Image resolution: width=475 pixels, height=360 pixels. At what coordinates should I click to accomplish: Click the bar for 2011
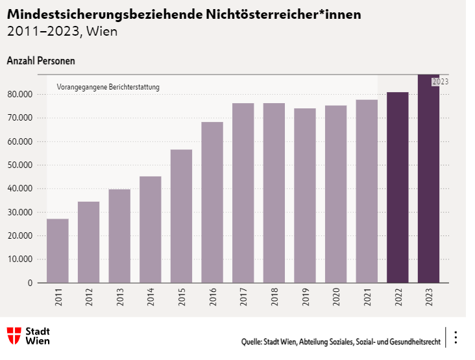point(58,250)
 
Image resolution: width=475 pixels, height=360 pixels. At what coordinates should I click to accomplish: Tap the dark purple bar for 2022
point(398,187)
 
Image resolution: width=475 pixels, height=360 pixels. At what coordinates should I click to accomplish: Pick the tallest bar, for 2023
point(428,182)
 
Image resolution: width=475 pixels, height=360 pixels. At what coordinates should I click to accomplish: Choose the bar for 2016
point(212,202)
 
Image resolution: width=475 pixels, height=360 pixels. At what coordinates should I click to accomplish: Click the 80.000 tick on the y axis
point(19,95)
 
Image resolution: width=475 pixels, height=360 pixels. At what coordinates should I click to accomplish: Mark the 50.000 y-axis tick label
point(19,165)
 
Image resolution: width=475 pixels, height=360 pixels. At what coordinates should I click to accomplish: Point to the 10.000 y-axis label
point(19,259)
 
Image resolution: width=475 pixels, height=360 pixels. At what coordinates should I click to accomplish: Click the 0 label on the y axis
point(30,283)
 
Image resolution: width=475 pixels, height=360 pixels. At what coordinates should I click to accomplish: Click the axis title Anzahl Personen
point(41,61)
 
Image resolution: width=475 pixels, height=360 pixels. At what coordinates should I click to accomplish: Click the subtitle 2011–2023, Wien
point(62,31)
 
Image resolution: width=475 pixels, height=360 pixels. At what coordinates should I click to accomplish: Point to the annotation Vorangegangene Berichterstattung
point(108,87)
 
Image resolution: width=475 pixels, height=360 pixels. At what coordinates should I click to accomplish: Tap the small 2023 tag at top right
point(440,82)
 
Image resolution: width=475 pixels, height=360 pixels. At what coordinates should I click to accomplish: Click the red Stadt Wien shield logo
point(14,335)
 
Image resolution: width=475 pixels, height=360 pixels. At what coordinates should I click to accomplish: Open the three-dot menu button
point(456,337)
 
